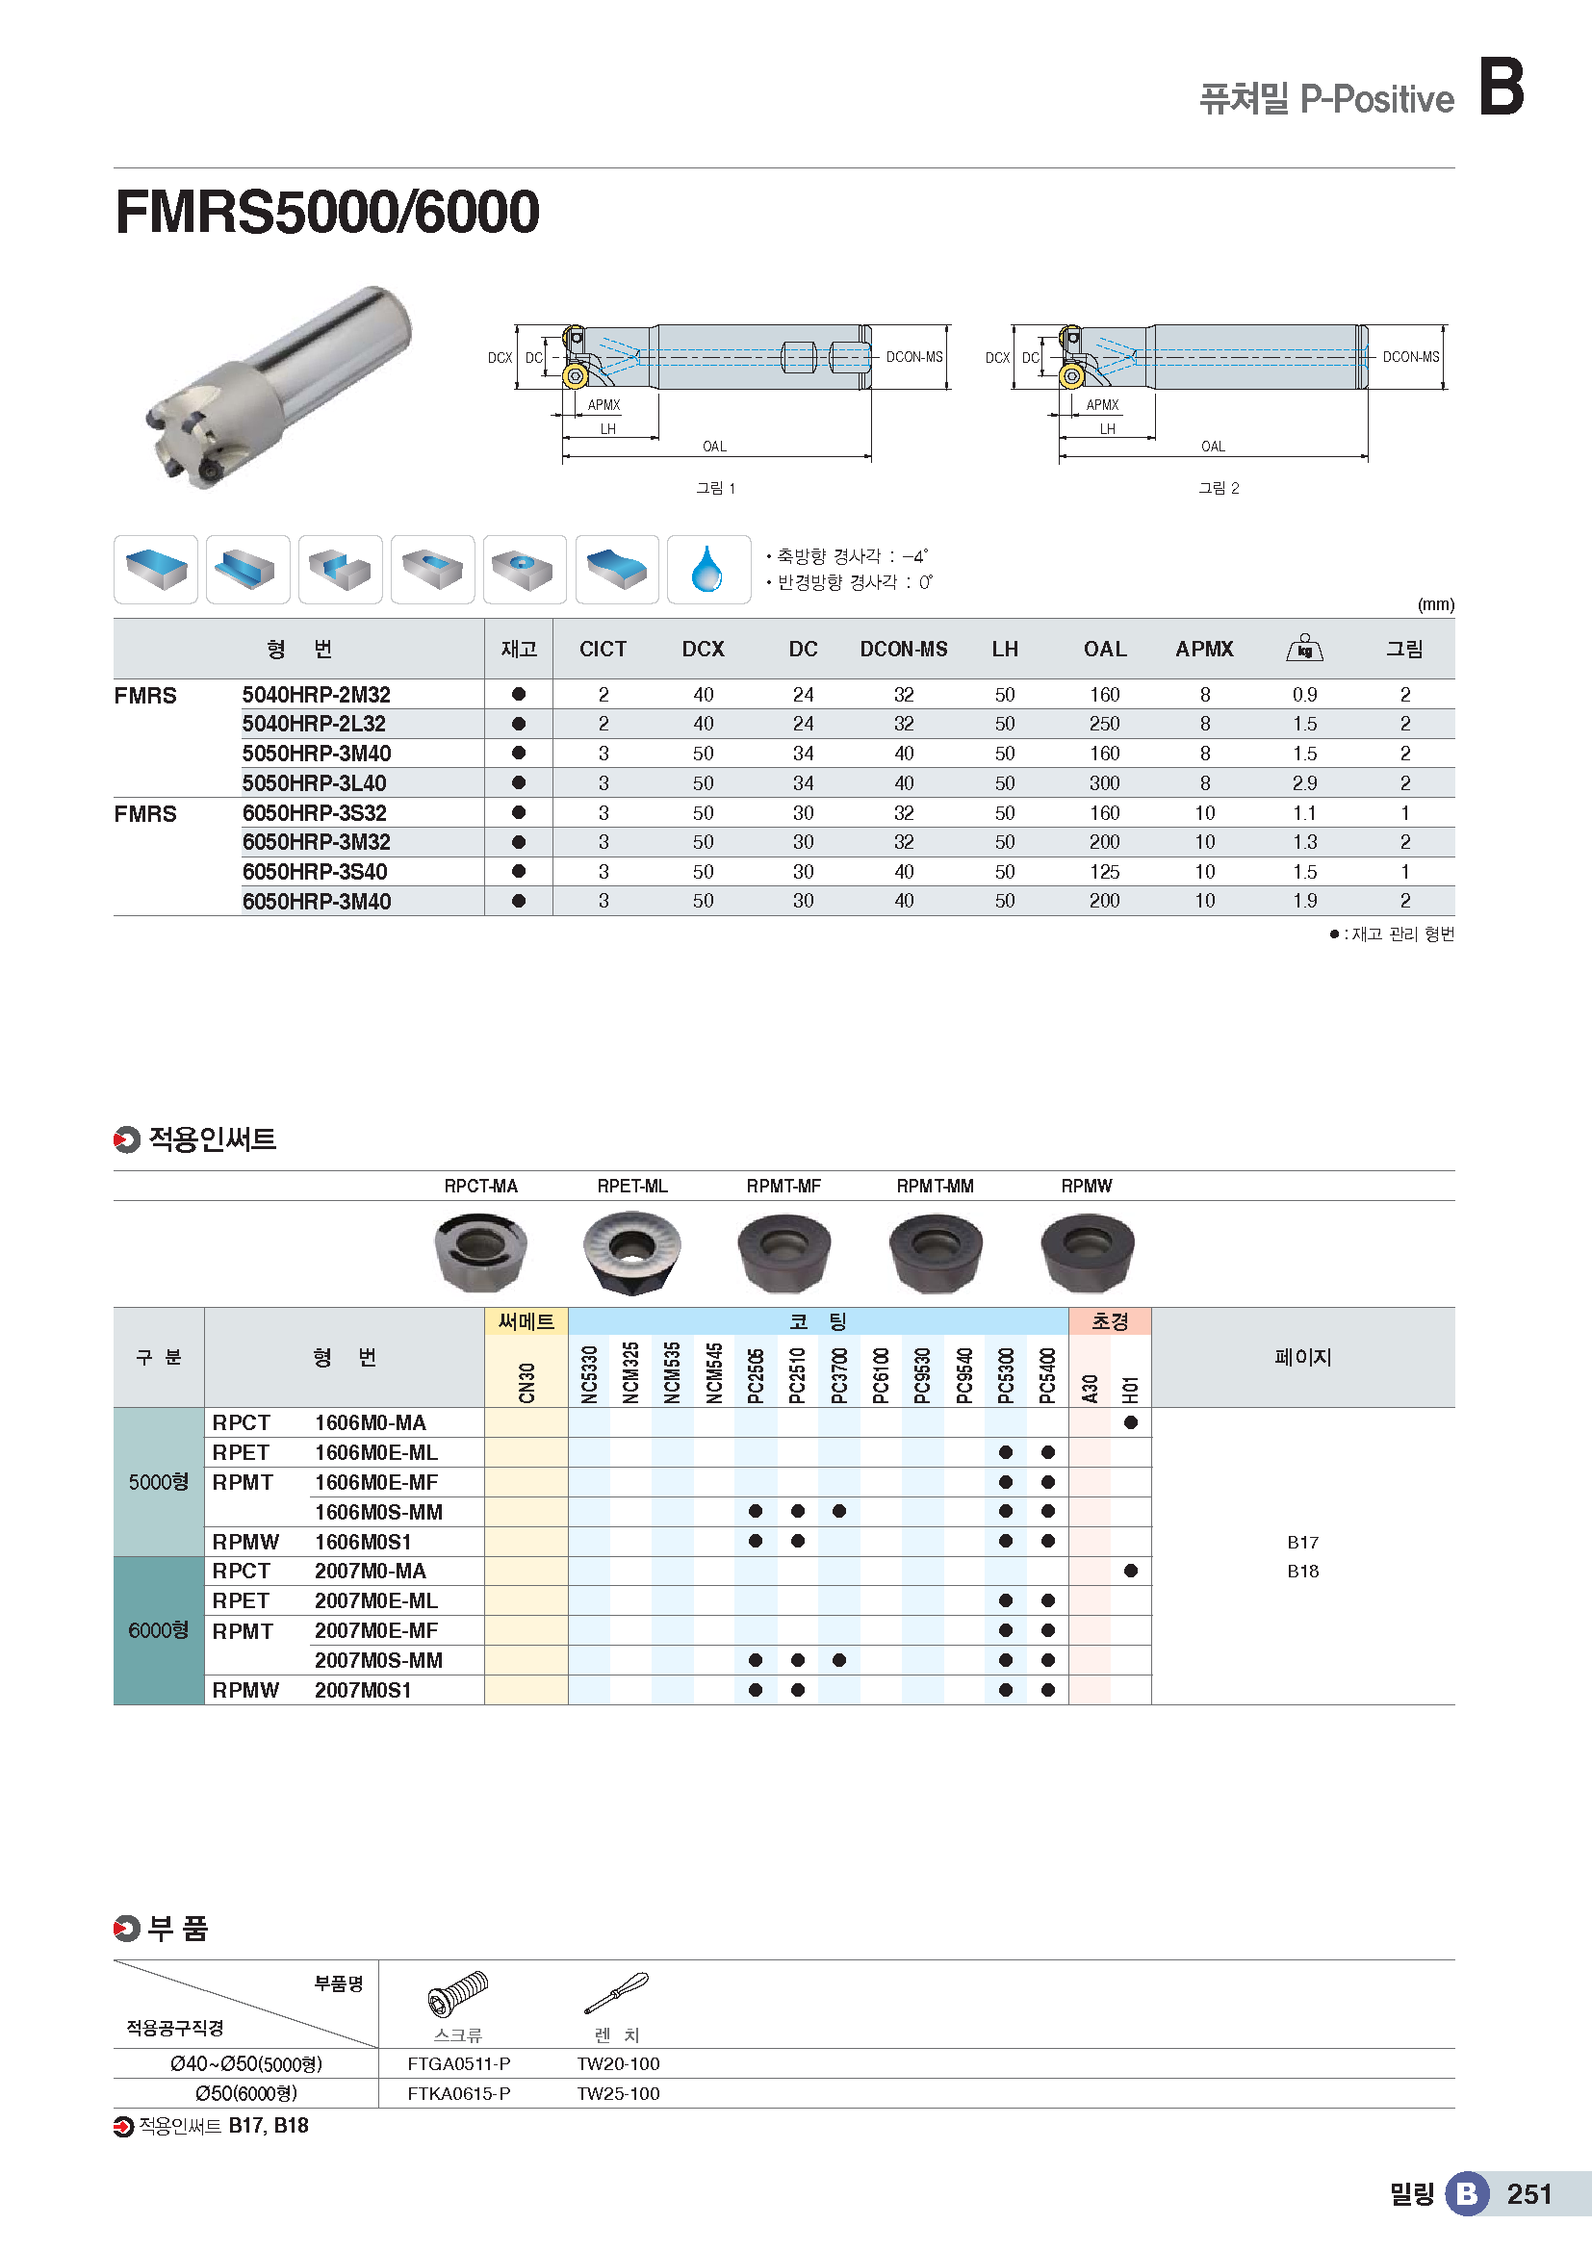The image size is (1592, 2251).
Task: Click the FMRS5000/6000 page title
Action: coord(327,212)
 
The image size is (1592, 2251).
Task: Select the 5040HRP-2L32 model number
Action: coord(314,724)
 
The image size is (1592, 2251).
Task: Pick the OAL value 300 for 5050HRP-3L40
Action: coord(1104,783)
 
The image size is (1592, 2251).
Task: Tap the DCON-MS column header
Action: coord(903,649)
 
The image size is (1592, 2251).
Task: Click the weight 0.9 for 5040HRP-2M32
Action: coord(1304,695)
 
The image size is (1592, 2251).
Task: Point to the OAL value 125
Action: coord(1104,872)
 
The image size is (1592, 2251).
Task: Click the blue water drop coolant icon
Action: coord(706,570)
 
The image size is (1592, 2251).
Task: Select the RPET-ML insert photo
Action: coord(632,1250)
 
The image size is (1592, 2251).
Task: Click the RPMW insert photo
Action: coord(1086,1250)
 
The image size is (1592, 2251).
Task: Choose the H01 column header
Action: coord(1130,1389)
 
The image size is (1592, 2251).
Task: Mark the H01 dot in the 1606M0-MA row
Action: coord(1130,1422)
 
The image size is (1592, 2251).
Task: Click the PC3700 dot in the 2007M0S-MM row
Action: coord(839,1660)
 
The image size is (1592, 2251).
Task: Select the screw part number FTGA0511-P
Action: coord(459,2063)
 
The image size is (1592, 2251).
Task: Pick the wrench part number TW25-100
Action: coord(618,2093)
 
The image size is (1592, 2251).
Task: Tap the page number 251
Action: coord(1528,2194)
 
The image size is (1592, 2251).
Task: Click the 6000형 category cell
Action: coord(159,1630)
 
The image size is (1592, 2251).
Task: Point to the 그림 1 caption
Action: coord(714,488)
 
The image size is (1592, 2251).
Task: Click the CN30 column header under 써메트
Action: coord(526,1382)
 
